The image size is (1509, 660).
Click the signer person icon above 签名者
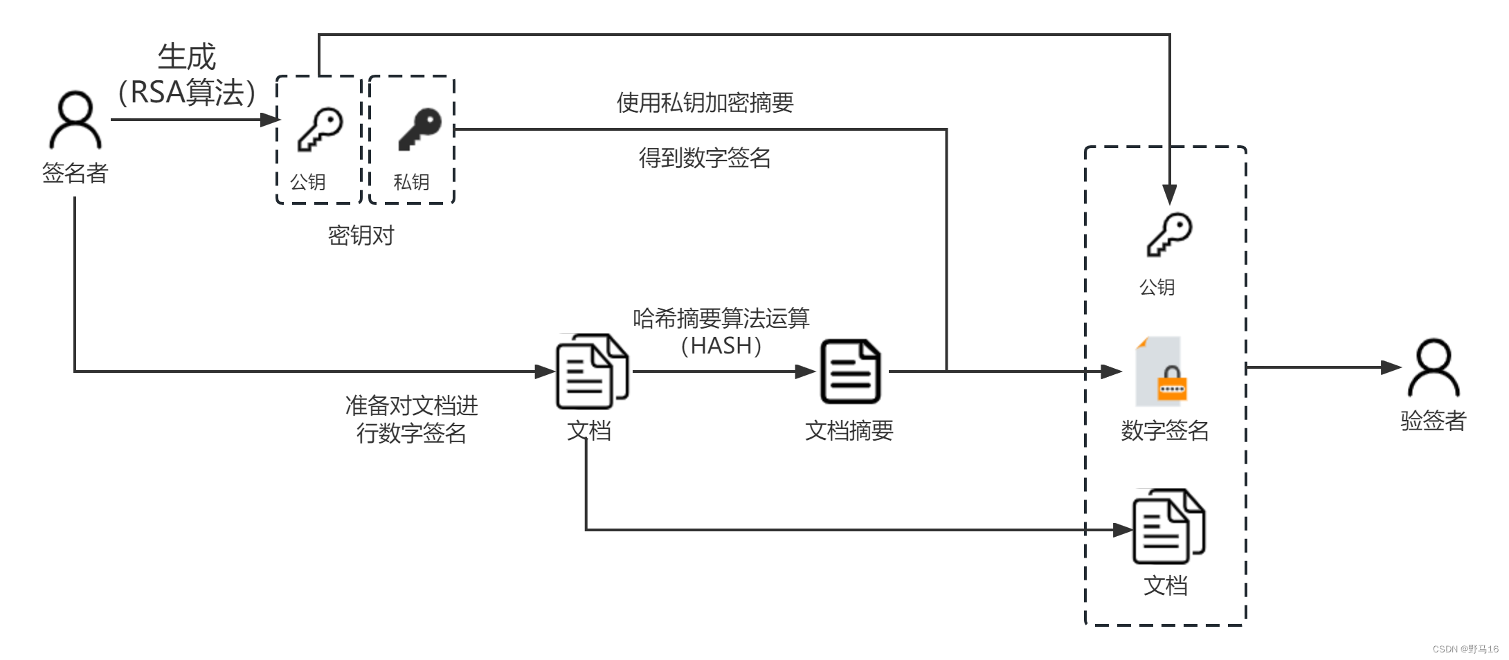coord(75,120)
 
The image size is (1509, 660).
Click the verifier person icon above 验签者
coord(1433,368)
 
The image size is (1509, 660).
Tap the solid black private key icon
coord(419,129)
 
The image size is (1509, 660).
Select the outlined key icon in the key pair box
coord(320,129)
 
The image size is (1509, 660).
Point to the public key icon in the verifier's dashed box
coord(1169,235)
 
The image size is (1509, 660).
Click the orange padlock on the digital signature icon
coord(1172,385)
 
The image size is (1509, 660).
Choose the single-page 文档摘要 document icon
coord(850,372)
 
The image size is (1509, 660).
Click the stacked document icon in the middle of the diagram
coord(592,372)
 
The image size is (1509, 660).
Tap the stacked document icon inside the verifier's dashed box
coord(1168,526)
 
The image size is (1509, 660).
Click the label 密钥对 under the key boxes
coord(361,236)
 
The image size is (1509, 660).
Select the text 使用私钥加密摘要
coord(705,103)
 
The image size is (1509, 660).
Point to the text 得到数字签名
coord(705,158)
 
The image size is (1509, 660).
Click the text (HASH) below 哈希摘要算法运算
coord(721,346)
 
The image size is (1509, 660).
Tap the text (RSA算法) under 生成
coord(187,93)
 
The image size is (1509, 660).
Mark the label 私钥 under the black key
coord(411,182)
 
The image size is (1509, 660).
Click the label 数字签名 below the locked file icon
coord(1164,431)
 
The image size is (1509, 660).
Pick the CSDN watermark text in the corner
coord(1465,649)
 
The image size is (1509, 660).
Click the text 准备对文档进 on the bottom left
coord(411,405)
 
